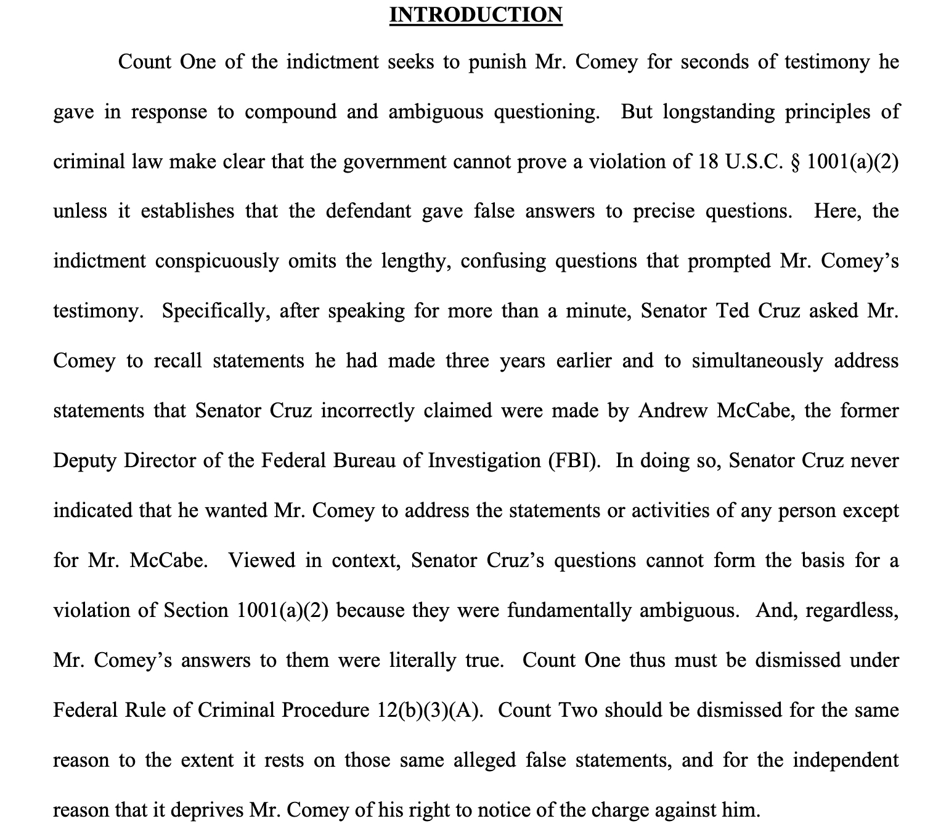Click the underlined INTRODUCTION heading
[x=476, y=14]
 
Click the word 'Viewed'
[x=258, y=561]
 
